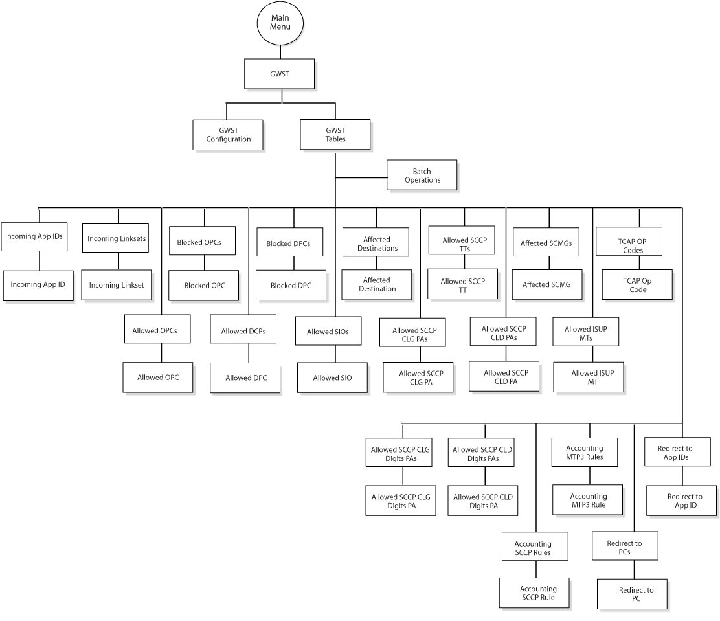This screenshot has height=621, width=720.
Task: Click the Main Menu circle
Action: coord(280,23)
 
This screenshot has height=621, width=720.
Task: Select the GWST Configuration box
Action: coord(228,135)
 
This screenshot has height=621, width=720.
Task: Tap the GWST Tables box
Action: coord(335,135)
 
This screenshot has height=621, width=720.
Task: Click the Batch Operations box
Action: coord(422,175)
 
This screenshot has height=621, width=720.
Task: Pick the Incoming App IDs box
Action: coord(34,236)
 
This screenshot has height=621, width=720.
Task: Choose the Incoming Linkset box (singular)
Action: coord(117,285)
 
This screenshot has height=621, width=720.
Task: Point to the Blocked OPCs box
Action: coord(202,241)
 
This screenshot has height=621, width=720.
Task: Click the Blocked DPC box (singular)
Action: coord(291,285)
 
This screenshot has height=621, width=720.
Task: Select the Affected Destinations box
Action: coord(376,242)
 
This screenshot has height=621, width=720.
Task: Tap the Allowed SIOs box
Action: coord(328,331)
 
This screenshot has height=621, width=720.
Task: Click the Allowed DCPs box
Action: coord(243,329)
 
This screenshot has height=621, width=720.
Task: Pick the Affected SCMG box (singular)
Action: coord(547,285)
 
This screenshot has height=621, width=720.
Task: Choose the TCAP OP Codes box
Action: coord(629,241)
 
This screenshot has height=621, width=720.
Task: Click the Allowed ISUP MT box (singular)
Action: coord(589,378)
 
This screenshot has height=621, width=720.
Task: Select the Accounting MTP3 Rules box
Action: coord(585,453)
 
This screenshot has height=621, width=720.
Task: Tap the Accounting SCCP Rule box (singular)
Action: coord(534,593)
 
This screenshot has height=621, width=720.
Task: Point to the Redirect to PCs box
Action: coord(625,546)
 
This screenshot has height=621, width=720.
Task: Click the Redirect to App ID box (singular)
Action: coord(681,501)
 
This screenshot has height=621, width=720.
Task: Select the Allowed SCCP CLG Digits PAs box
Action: coord(399,453)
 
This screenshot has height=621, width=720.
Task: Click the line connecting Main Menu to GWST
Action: coord(280,52)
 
